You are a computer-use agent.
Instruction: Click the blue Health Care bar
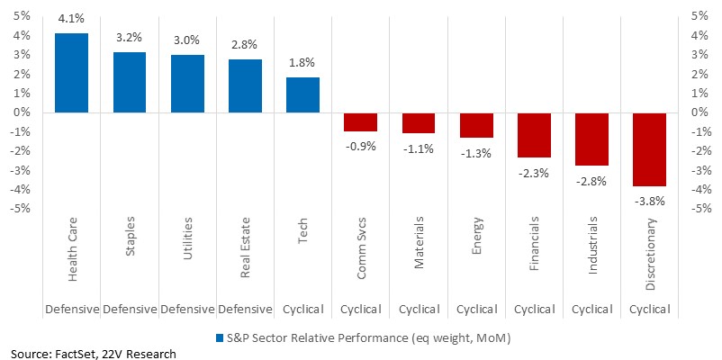pyautogui.click(x=71, y=73)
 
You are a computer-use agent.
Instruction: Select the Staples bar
pyautogui.click(x=130, y=83)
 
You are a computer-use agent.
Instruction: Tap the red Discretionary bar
pyautogui.click(x=649, y=149)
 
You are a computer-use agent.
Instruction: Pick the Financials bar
pyautogui.click(x=534, y=135)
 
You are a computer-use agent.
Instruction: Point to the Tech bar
pyautogui.click(x=302, y=94)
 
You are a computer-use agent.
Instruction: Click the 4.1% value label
pyautogui.click(x=71, y=22)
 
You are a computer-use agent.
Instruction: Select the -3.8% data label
pyautogui.click(x=649, y=202)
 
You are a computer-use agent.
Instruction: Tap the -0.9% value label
pyautogui.click(x=360, y=147)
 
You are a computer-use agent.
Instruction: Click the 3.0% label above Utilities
pyautogui.click(x=187, y=40)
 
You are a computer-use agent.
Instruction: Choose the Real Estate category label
pyautogui.click(x=245, y=247)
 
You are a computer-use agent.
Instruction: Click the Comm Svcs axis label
pyautogui.click(x=360, y=247)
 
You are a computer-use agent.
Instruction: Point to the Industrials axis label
pyautogui.click(x=591, y=246)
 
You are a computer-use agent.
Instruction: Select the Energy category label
pyautogui.click(x=476, y=234)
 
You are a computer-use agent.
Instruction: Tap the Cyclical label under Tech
pyautogui.click(x=302, y=309)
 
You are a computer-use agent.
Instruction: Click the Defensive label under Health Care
pyautogui.click(x=71, y=309)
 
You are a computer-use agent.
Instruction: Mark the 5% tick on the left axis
pyautogui.click(x=22, y=16)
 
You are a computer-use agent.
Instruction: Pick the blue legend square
pyautogui.click(x=220, y=338)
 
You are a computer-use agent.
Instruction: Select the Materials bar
pyautogui.click(x=418, y=123)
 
